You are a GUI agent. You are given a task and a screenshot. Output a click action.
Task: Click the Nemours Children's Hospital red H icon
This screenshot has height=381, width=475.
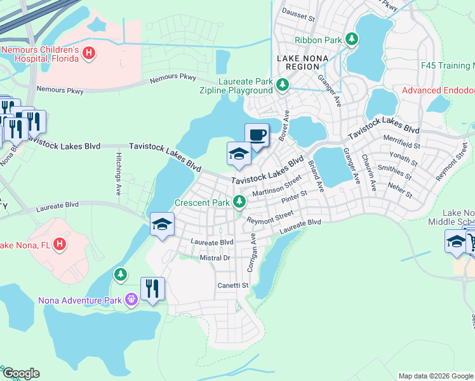89,55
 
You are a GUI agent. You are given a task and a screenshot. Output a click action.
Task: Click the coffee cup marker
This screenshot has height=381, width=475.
257,135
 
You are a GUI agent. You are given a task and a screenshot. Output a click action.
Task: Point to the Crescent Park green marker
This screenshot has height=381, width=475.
239,202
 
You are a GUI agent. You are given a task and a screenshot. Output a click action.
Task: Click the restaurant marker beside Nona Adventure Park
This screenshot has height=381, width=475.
152,290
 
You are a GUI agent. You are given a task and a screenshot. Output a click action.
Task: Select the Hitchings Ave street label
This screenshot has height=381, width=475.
118,173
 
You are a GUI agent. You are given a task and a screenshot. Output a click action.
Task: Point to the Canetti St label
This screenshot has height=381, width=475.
232,286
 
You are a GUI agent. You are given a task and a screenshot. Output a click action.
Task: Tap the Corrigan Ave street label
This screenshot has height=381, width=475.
252,252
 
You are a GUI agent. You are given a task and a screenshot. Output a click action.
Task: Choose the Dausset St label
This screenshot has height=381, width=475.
298,18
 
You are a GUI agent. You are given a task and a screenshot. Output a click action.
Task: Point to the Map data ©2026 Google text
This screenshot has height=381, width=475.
435,376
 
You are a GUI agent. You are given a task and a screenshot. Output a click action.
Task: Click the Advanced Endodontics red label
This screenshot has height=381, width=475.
438,91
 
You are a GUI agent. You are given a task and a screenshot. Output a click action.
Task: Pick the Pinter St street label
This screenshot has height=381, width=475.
295,197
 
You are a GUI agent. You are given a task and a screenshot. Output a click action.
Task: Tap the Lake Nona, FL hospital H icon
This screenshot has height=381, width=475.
59,243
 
